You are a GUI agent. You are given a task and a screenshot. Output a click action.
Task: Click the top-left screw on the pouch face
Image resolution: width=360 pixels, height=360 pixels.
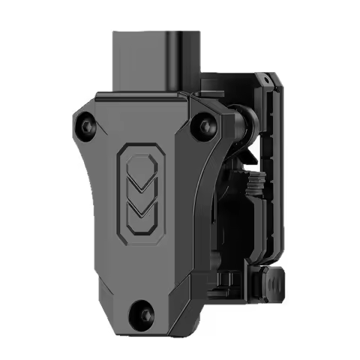[x=84, y=123]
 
